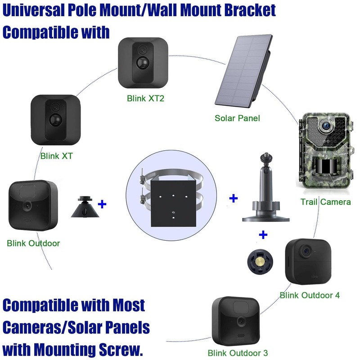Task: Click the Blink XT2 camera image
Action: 144,64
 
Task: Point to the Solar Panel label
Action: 237,118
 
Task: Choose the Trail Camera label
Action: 325,202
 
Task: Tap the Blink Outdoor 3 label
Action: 238,353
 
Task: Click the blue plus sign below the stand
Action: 263,234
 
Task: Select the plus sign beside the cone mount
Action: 102,204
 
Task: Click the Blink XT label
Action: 57,157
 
